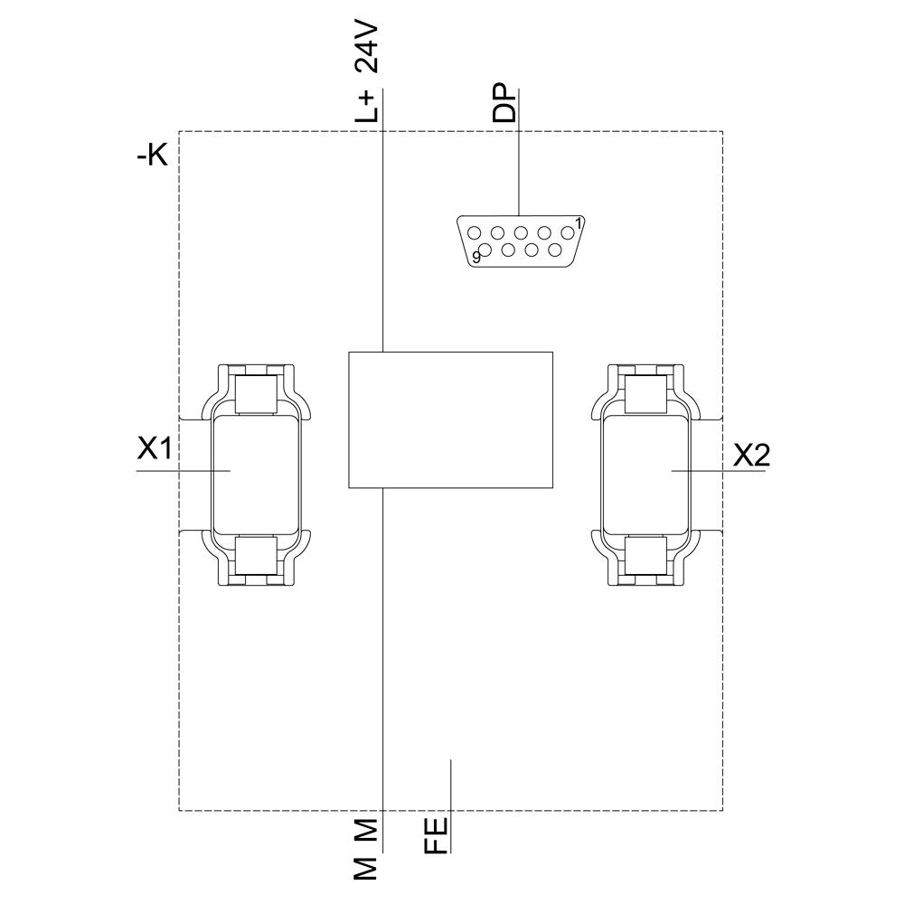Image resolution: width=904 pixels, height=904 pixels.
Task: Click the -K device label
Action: (x=152, y=156)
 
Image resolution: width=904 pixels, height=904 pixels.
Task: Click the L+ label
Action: (x=367, y=106)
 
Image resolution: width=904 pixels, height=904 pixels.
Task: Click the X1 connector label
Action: (x=155, y=449)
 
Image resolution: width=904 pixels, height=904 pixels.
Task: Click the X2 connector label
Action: (x=751, y=455)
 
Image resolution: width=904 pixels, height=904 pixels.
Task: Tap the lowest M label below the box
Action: (x=366, y=866)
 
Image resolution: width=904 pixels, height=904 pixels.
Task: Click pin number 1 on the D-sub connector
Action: (x=579, y=221)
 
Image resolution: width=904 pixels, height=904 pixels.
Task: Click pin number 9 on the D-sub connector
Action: (x=476, y=258)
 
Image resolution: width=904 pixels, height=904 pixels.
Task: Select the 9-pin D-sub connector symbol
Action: (x=521, y=240)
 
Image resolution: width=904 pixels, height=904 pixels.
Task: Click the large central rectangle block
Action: (x=450, y=419)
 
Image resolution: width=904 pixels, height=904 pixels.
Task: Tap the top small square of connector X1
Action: (x=255, y=393)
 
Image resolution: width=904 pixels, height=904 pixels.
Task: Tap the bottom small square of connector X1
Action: (x=255, y=553)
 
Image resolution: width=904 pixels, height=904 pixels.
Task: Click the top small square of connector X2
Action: (x=646, y=393)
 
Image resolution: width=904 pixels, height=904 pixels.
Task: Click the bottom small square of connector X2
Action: (x=646, y=553)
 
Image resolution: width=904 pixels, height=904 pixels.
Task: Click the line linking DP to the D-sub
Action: (x=519, y=167)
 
